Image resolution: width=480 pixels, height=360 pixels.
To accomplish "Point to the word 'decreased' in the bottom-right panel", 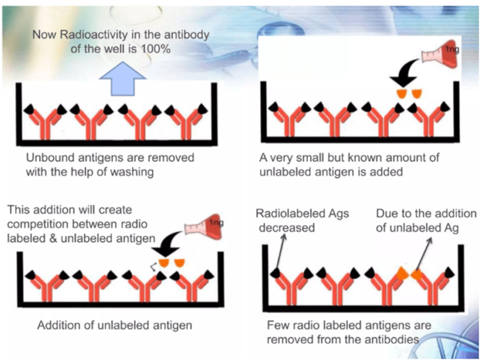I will [286, 228].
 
